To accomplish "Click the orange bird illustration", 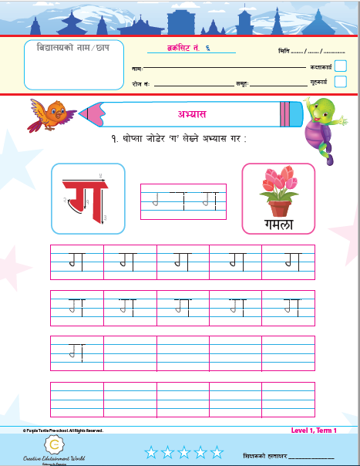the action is tap(50, 113).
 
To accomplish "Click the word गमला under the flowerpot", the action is tap(278, 225).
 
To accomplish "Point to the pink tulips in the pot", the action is tap(278, 182).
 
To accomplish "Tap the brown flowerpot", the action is tap(279, 207).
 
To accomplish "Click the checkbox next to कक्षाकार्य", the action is tap(340, 66).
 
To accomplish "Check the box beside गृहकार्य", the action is tap(340, 82).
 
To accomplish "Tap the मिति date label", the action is tap(283, 50).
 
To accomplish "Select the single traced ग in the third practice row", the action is tap(76, 351).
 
